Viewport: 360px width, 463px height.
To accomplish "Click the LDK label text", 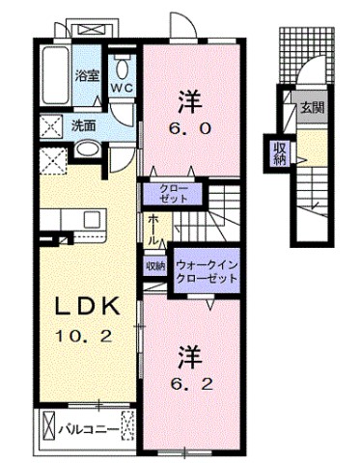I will coord(84,307).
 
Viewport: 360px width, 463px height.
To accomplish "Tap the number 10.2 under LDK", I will coord(85,338).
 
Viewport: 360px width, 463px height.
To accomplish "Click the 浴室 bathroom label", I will coord(87,73).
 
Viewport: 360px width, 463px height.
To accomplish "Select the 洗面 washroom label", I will coord(82,124).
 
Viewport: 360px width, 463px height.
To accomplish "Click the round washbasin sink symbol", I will coord(87,150).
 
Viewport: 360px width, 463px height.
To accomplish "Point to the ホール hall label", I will coord(153,228).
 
